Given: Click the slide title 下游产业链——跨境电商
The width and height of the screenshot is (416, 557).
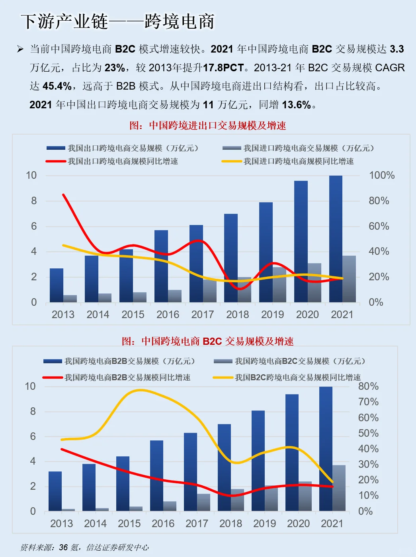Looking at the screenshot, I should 117,21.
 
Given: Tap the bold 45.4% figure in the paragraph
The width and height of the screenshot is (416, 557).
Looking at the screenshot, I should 57,86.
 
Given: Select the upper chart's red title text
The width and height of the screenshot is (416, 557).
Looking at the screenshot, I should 208,126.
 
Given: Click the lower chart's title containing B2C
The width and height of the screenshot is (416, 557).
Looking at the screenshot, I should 208,341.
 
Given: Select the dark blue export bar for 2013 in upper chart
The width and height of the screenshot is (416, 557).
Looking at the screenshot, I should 57,285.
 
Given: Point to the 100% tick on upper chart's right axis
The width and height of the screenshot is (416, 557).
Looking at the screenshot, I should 381,176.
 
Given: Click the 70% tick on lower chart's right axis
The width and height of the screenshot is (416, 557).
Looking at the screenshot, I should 368,402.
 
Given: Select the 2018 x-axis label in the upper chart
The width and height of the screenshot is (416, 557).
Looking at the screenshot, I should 237,315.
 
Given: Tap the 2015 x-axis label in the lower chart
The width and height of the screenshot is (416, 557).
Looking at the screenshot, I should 129,524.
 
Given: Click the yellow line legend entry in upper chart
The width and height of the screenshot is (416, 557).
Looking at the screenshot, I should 288,161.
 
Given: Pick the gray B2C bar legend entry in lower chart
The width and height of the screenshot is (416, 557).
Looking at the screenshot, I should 289,361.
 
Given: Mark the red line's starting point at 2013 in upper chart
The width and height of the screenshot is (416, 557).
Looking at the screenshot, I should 63,195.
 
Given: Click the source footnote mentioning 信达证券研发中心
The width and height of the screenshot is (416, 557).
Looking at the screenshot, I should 84,547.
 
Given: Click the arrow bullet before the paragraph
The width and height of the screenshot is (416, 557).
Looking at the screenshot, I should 20,49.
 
